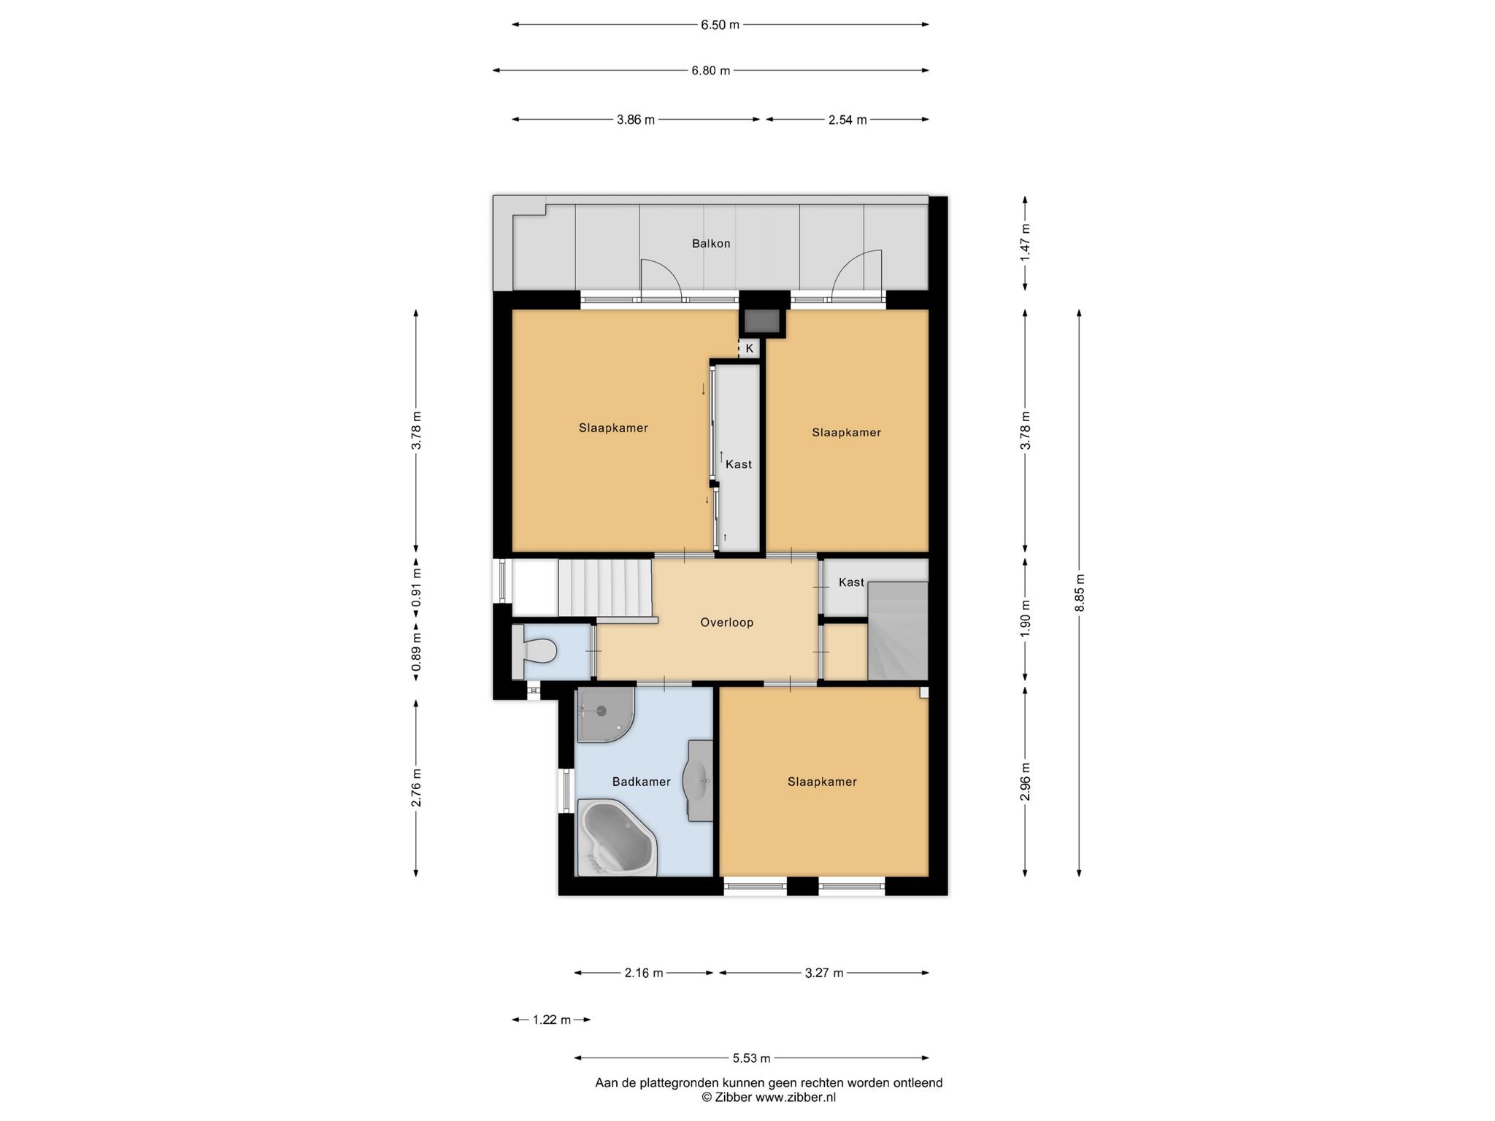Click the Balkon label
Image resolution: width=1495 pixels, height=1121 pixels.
click(x=711, y=244)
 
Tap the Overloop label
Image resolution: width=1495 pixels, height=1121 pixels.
click(x=726, y=623)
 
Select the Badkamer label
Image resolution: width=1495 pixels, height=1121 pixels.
click(x=641, y=782)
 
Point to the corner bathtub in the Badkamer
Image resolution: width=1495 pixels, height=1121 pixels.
click(x=616, y=837)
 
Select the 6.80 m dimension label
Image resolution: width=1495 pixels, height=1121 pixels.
click(x=710, y=71)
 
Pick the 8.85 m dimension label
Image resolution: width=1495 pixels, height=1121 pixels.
click(x=1080, y=593)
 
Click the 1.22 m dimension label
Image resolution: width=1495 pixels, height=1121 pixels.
click(x=551, y=1020)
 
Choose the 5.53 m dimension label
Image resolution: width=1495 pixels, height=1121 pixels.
click(x=751, y=1058)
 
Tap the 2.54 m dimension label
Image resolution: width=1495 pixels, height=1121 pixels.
click(x=848, y=120)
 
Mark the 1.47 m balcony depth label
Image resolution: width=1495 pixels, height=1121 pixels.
click(x=1026, y=243)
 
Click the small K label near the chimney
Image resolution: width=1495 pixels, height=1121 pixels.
click(x=749, y=349)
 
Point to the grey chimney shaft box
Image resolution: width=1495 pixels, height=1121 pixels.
click(x=762, y=321)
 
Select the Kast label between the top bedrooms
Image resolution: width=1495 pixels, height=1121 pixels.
click(x=739, y=464)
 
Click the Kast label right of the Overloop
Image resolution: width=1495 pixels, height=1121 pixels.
click(x=851, y=582)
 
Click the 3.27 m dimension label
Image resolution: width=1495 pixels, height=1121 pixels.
click(x=823, y=973)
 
